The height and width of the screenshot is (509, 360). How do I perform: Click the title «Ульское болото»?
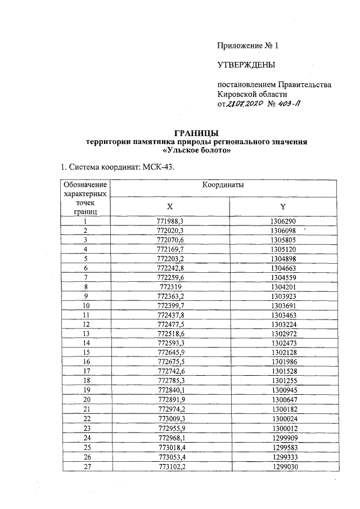point(196,151)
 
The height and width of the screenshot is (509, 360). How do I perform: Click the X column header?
point(169,206)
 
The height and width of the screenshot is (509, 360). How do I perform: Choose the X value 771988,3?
point(169,221)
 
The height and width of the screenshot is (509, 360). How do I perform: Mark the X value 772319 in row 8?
point(169,286)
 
